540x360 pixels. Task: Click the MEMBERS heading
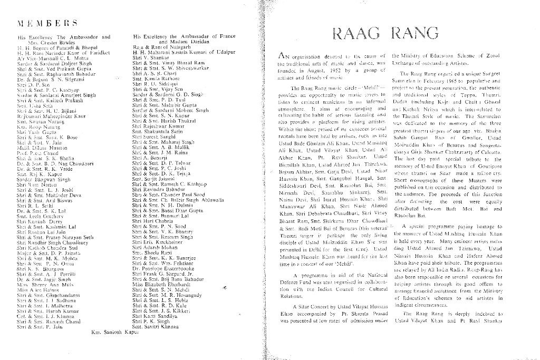click(x=48, y=23)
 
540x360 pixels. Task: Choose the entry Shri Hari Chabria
click(x=153, y=221)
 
